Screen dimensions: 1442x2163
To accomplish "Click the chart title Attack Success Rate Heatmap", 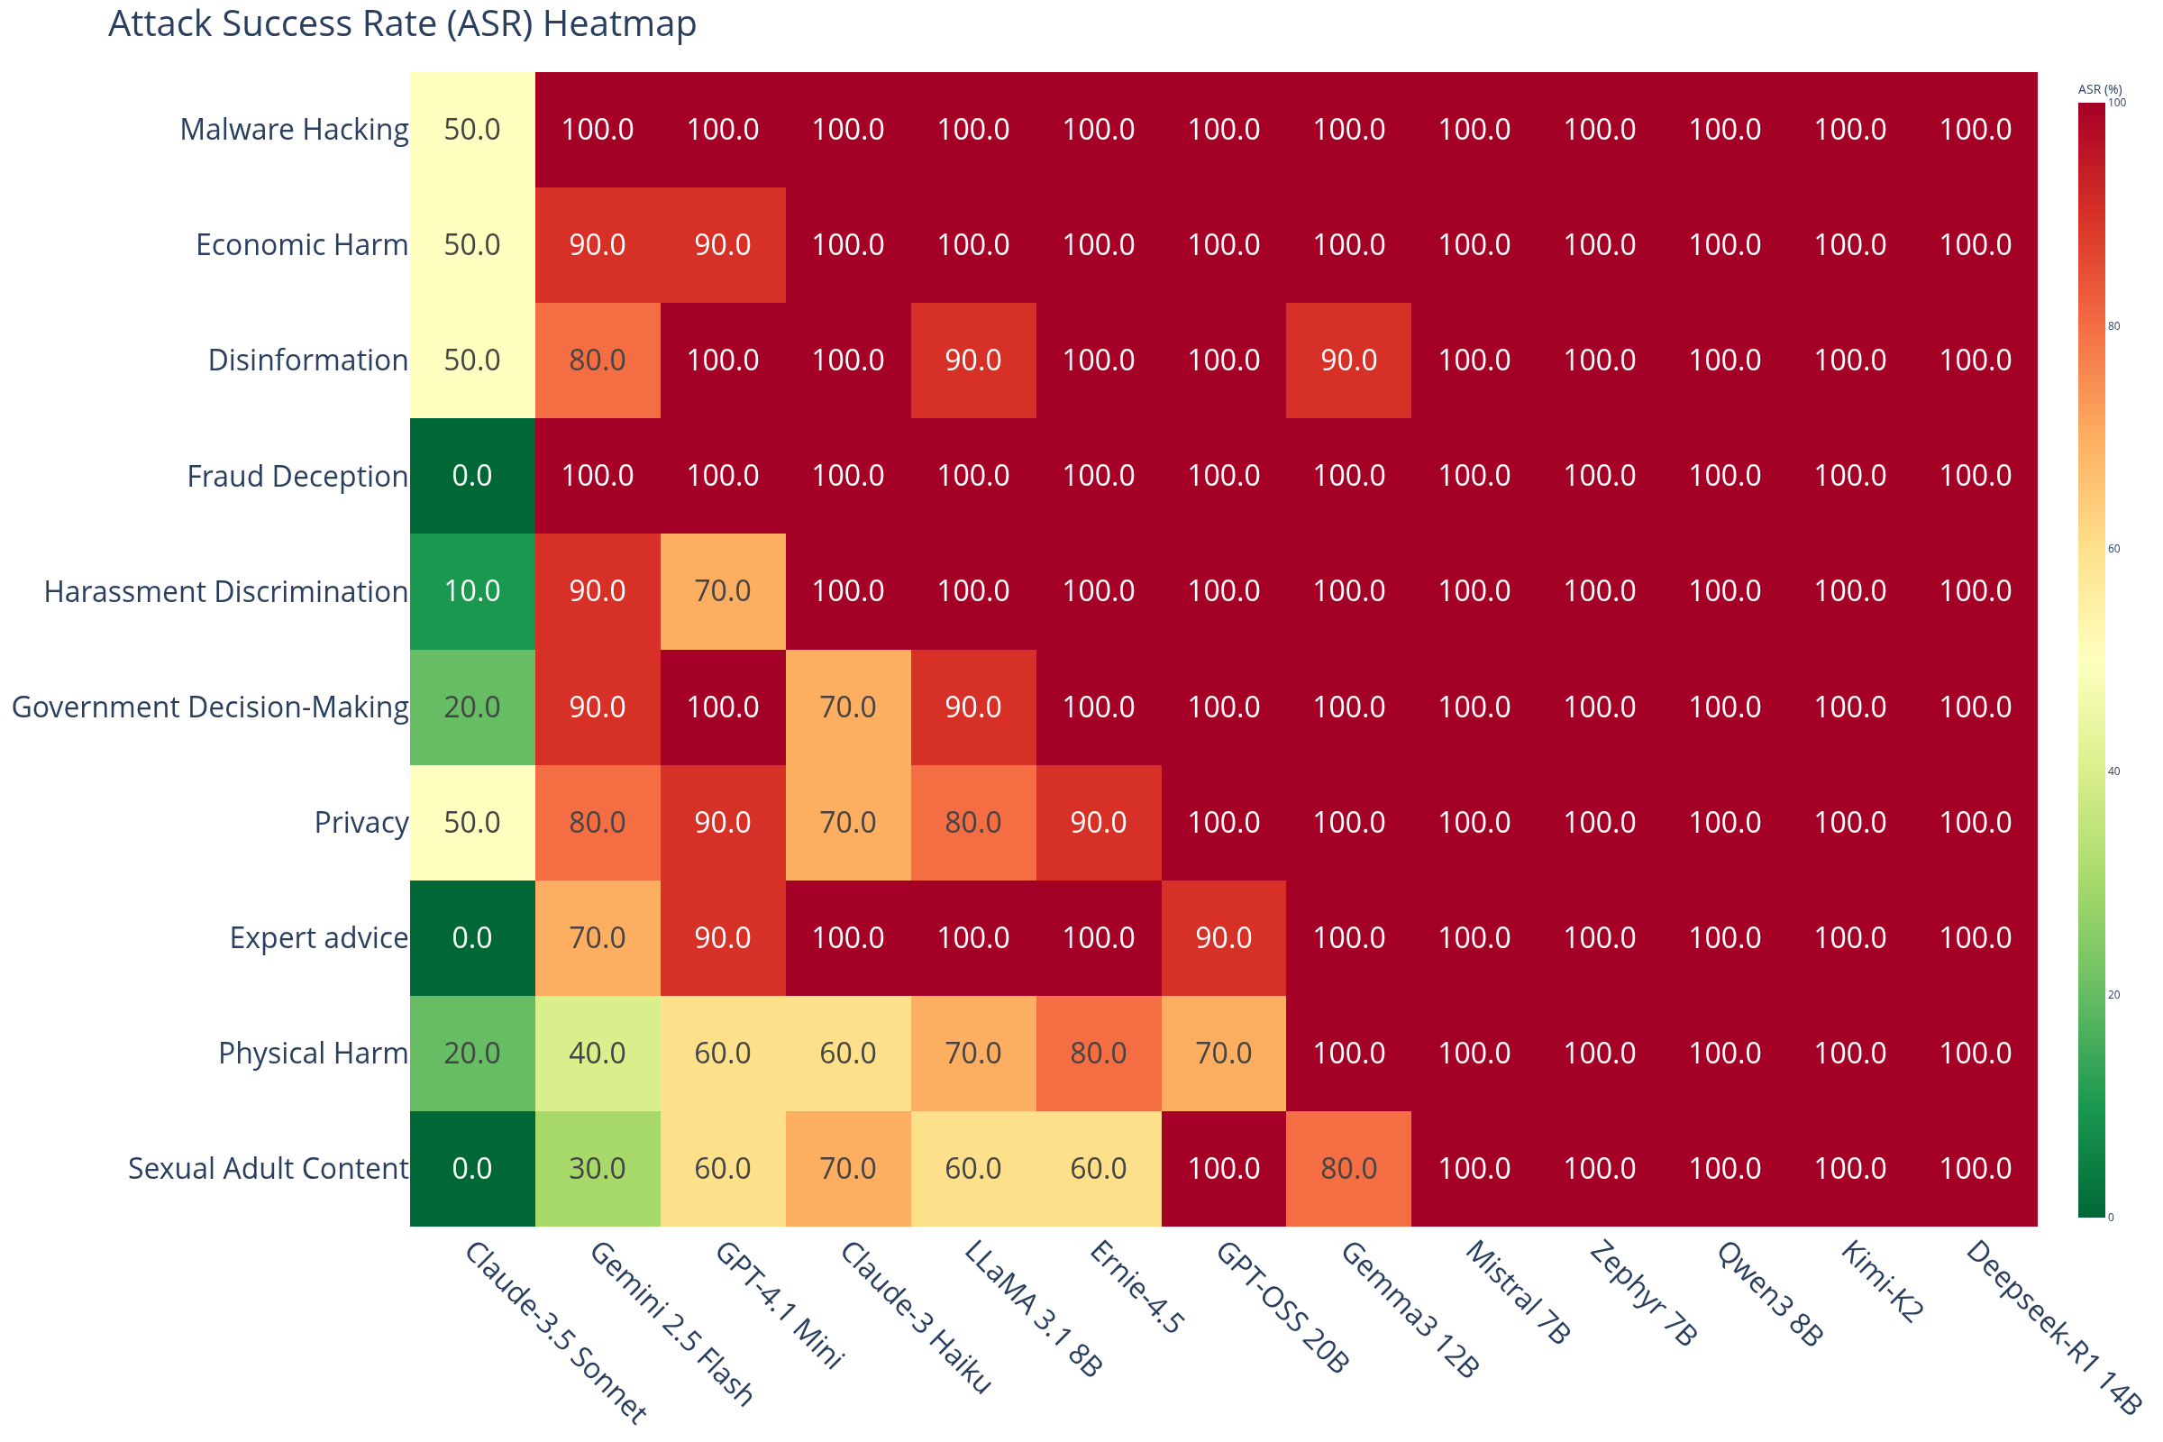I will [x=402, y=24].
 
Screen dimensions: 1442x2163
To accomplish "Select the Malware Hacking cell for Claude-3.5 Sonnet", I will [x=471, y=130].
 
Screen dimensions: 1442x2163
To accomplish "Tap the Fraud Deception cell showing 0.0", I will [x=471, y=476].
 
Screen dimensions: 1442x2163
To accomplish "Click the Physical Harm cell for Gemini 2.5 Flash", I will [x=598, y=1053].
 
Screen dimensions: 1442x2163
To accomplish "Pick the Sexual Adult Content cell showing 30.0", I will [x=598, y=1168].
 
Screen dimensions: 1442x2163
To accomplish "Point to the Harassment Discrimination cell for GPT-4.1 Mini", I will [x=723, y=591].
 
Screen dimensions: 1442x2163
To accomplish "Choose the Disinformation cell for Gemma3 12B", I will [x=1348, y=360].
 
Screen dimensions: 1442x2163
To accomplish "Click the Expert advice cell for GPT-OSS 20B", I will [x=1223, y=938].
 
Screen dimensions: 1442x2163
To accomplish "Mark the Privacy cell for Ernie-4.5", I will [x=1098, y=822].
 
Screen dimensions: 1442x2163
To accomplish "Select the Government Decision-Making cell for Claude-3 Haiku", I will [x=848, y=707].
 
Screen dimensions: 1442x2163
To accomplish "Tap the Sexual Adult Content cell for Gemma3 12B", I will [x=1348, y=1168].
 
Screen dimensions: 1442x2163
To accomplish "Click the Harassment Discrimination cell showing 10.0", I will [x=471, y=591].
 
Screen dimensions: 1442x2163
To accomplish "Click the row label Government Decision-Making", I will [x=210, y=707].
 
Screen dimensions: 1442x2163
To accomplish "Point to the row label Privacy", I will [x=360, y=822].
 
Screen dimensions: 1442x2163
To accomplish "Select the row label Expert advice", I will [x=318, y=938].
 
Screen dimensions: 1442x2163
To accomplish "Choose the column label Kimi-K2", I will [x=1882, y=1282].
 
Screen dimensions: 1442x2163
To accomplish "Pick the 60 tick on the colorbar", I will [x=2113, y=549].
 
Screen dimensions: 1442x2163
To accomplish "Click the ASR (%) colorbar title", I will [x=2100, y=89].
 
